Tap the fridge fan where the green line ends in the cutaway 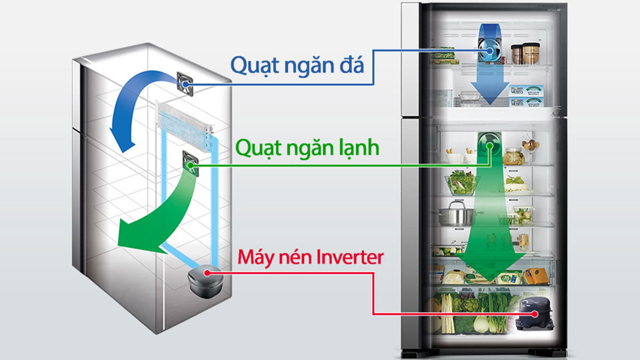click(x=190, y=161)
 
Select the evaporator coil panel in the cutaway click(x=184, y=120)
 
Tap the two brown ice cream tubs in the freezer click(x=524, y=53)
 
